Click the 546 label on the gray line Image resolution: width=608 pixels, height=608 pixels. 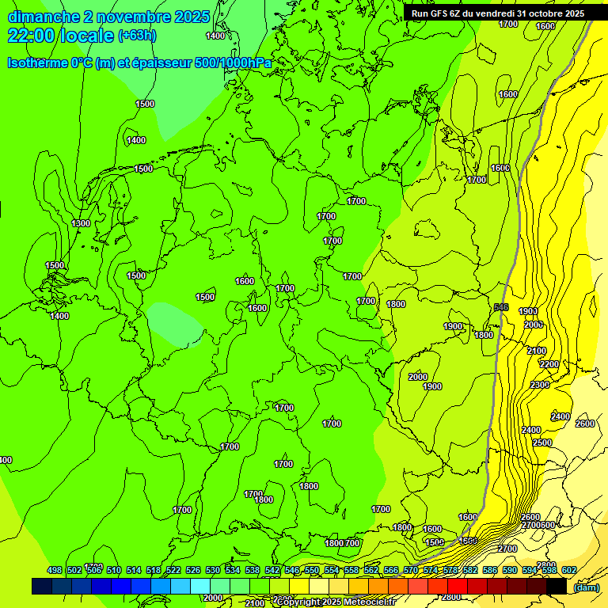(x=500, y=307)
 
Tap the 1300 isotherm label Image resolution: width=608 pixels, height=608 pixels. (x=81, y=224)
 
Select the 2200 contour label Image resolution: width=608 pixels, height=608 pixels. (x=549, y=364)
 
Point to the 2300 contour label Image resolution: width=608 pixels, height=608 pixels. (x=540, y=385)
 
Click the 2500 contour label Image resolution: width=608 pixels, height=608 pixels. (x=542, y=443)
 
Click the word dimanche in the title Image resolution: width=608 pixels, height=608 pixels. (x=44, y=17)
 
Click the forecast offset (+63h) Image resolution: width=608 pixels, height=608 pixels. (x=137, y=36)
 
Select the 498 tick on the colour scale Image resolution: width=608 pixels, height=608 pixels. (x=55, y=570)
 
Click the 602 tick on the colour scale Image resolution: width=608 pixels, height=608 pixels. (x=568, y=570)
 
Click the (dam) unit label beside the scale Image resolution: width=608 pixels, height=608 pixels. (x=587, y=587)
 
